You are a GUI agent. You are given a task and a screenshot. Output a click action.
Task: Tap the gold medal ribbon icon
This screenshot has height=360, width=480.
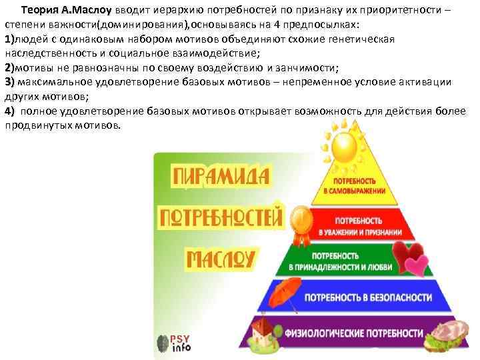coord(301,222)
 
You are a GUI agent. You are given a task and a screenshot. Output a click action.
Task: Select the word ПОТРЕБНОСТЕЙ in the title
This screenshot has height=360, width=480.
coord(221,218)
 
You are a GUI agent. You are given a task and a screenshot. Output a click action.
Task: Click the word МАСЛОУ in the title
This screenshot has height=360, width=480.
coord(221,259)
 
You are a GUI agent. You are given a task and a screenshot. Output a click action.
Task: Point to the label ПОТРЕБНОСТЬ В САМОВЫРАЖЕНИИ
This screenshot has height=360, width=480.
coord(355,185)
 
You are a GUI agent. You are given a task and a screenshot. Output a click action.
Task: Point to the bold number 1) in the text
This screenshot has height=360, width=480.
coord(9,39)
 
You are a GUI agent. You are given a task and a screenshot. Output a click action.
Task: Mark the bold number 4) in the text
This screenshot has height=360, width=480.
coord(10,110)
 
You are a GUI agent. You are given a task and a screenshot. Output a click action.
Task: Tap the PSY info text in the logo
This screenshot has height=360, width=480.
coord(182,343)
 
